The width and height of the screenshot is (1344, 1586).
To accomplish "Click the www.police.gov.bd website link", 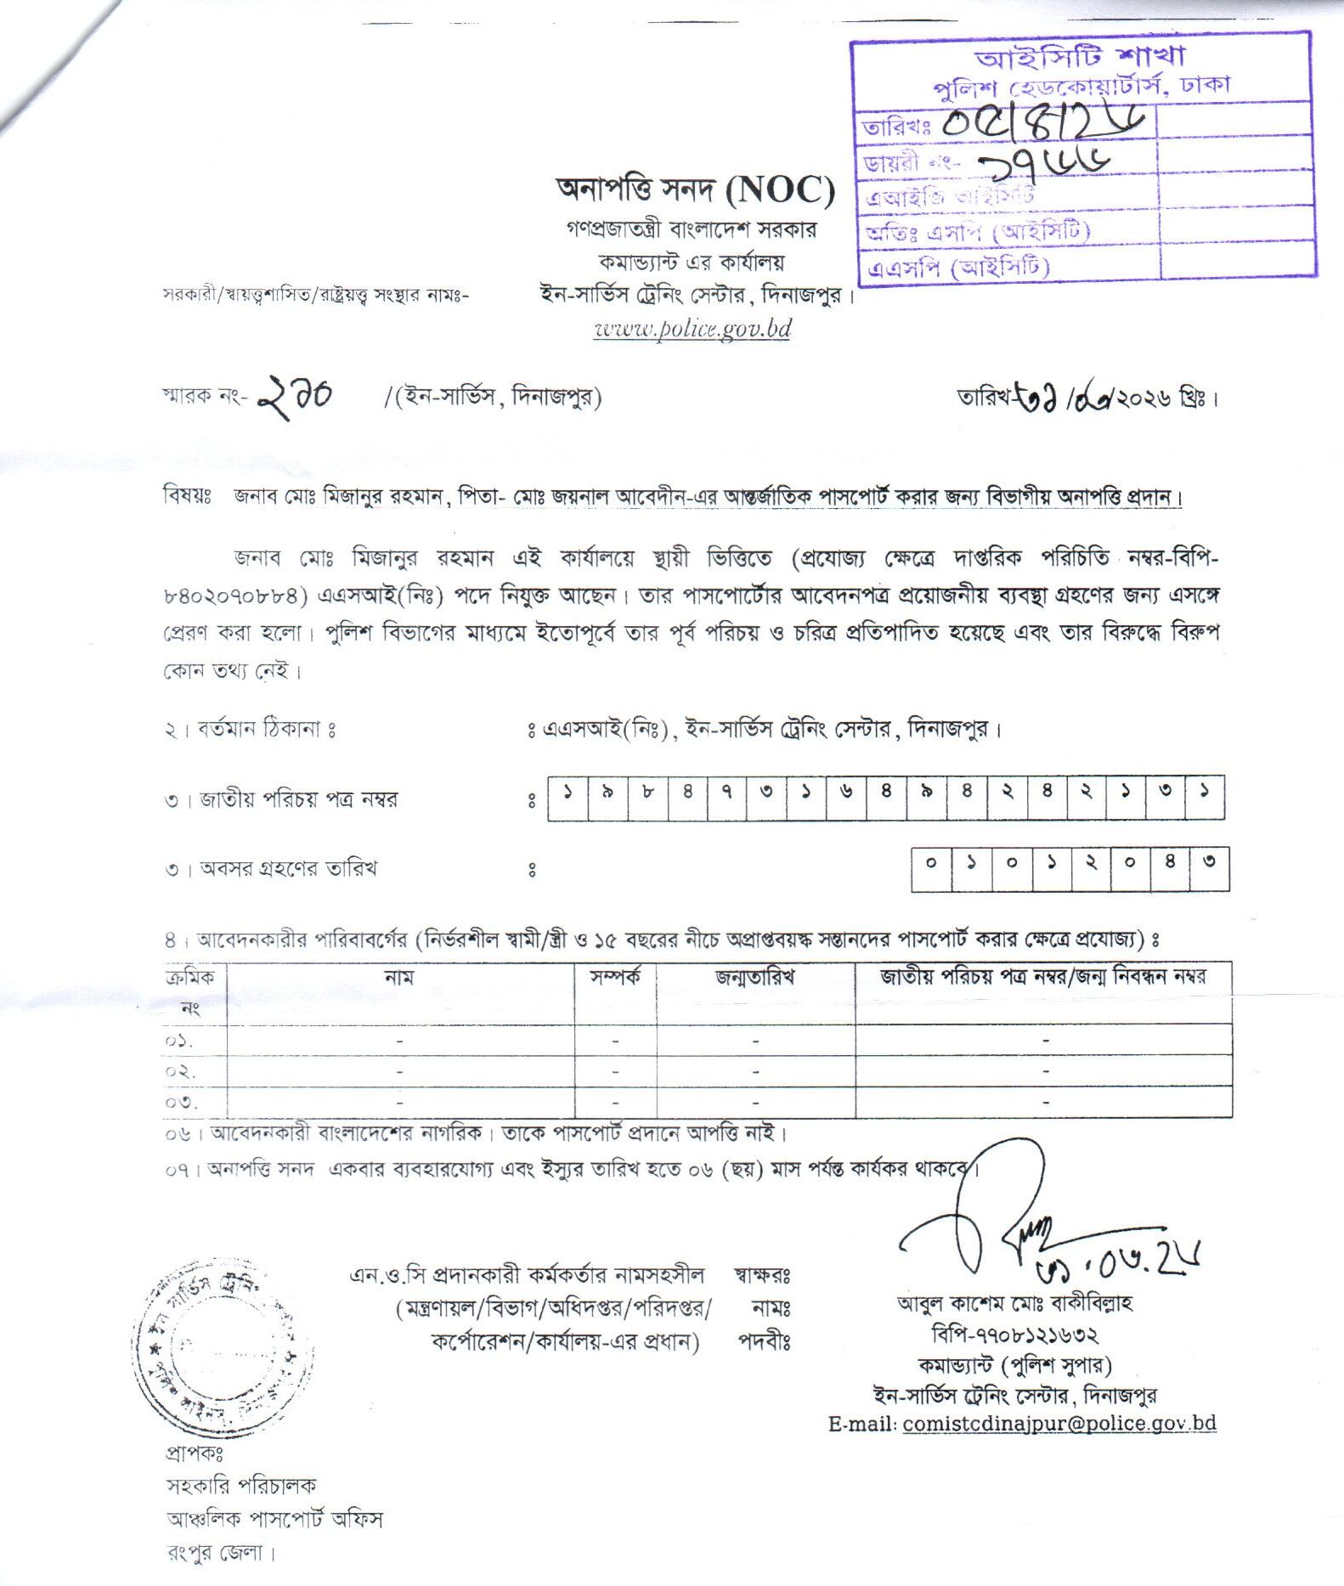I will click(x=692, y=330).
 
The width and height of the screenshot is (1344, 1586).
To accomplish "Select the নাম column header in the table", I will click(x=399, y=977).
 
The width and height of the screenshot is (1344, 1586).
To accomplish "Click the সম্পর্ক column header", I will click(x=616, y=977).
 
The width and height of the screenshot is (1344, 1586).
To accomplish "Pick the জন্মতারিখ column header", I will click(x=754, y=977).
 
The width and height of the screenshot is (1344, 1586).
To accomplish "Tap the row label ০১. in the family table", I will click(x=179, y=1041).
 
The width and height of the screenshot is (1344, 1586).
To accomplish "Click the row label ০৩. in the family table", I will click(x=181, y=1103).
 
